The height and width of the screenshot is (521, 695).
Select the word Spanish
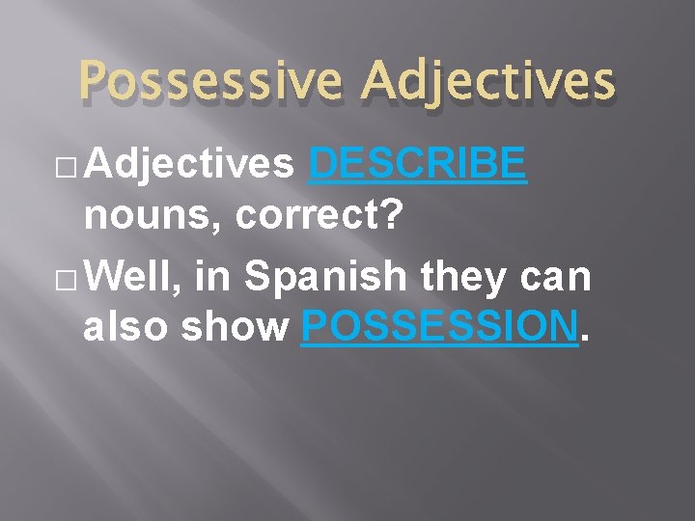[x=325, y=278]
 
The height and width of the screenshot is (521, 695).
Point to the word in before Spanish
[x=212, y=278]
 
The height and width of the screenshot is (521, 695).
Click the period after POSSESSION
[x=586, y=338]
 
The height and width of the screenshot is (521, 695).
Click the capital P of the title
[x=97, y=81]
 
